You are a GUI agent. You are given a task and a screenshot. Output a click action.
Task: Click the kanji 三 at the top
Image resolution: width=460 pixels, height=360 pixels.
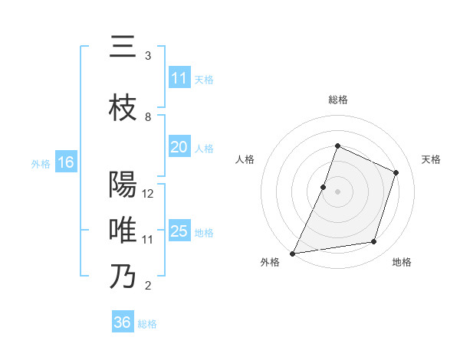(x=123, y=47)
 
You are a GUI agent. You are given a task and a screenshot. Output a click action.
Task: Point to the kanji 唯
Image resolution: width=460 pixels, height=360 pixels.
(x=123, y=230)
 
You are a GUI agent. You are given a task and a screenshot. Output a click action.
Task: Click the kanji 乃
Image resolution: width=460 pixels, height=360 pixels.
(x=123, y=276)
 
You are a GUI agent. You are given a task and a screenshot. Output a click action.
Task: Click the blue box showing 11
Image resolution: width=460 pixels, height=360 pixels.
(x=179, y=78)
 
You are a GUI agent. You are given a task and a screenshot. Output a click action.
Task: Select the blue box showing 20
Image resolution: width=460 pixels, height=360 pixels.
(x=179, y=148)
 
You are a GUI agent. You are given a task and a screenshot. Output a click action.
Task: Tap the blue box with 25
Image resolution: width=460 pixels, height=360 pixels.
(x=179, y=231)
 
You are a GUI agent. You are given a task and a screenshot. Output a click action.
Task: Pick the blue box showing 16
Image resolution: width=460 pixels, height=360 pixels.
(x=65, y=162)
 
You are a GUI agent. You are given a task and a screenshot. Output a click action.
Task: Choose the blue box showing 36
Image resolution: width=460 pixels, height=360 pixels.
(x=123, y=322)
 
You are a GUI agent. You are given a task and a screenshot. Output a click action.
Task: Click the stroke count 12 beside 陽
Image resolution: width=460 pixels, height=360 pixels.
(x=149, y=194)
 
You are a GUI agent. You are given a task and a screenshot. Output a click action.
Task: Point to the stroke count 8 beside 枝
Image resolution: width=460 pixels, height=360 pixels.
(x=148, y=117)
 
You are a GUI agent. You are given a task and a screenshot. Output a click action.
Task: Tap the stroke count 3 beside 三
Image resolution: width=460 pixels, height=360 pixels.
(x=148, y=56)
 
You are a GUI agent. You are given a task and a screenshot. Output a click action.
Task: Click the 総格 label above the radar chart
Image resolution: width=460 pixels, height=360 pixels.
(x=338, y=100)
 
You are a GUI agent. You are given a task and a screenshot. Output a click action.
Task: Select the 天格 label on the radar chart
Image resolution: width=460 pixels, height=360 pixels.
(x=432, y=159)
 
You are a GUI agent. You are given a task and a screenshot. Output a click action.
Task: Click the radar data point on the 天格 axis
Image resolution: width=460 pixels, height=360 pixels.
(x=396, y=172)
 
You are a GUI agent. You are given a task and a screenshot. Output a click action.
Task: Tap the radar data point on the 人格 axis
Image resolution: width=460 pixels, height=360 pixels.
(x=324, y=187)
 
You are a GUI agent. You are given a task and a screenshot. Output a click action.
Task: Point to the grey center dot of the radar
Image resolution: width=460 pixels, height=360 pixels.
(x=338, y=191)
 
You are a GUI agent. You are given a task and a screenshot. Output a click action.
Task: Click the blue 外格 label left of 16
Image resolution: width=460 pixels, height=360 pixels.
(x=40, y=163)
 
